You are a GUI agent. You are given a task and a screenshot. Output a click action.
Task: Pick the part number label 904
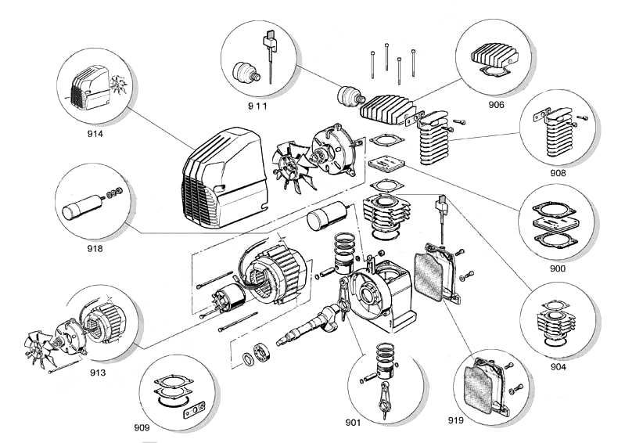pyautogui.click(x=557, y=366)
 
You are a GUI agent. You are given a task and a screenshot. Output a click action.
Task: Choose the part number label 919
pyautogui.click(x=456, y=420)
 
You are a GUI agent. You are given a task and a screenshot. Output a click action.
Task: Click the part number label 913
pyautogui.click(x=98, y=373)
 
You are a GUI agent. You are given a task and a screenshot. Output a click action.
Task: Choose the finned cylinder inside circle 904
pyautogui.click(x=554, y=321)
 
